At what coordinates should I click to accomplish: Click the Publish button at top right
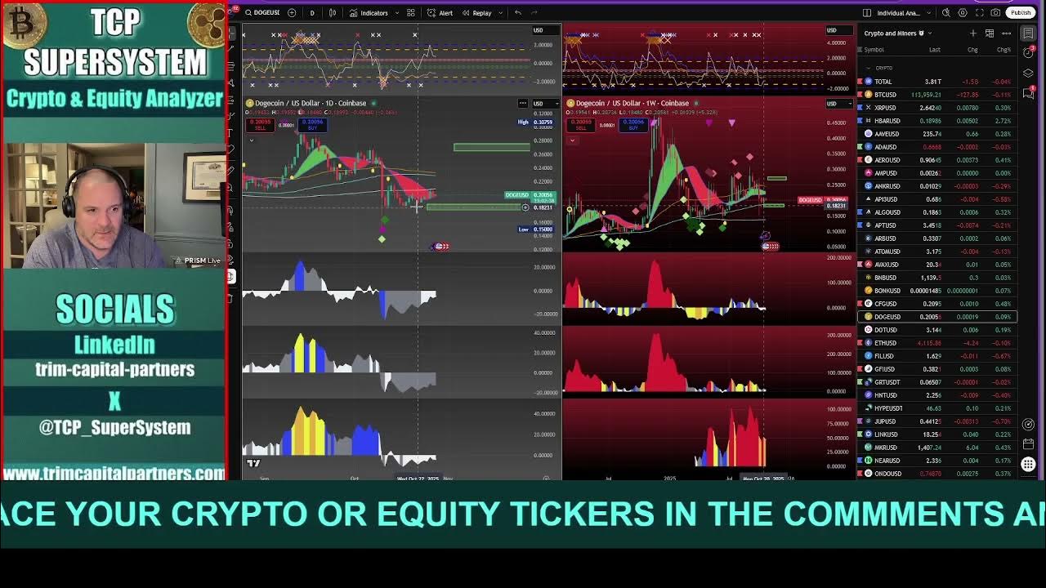tap(1021, 12)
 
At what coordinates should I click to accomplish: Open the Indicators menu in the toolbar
tap(369, 13)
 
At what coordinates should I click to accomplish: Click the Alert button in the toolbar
tap(442, 13)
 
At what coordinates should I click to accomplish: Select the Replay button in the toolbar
tap(478, 13)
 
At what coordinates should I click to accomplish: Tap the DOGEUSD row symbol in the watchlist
tap(887, 317)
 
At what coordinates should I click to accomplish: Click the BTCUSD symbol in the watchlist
tap(885, 95)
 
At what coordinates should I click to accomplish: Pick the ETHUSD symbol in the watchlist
tap(885, 343)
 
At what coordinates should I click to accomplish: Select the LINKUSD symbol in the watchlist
tap(886, 434)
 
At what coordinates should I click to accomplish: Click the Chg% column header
tap(1004, 50)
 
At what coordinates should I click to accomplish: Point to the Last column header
tap(934, 50)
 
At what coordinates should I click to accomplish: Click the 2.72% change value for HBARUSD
tap(1004, 121)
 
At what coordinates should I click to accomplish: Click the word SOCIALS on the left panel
tap(114, 310)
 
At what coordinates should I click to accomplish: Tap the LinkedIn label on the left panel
tap(114, 345)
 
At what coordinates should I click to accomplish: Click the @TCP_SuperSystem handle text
tap(114, 427)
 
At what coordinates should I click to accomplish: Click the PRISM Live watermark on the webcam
tap(201, 261)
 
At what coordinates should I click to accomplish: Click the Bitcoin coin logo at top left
tap(22, 24)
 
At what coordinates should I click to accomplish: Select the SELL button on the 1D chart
tap(261, 125)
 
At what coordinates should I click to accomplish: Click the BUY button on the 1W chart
tap(633, 125)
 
